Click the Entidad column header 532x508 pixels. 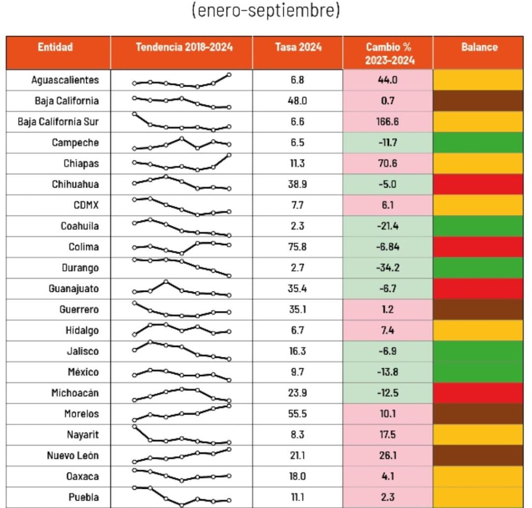click(55, 47)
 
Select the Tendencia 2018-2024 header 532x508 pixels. click(184, 47)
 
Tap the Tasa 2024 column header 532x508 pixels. click(298, 47)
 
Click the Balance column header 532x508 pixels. click(479, 47)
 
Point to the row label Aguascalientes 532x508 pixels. click(64, 81)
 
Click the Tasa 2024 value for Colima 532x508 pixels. click(298, 247)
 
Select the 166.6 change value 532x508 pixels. click(388, 122)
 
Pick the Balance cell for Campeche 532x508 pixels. click(479, 143)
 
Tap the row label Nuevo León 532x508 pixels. click(73, 456)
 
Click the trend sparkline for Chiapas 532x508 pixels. click(182, 163)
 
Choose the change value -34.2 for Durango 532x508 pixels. click(388, 268)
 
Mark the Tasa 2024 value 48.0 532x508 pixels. click(298, 101)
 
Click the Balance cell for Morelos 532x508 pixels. click(479, 414)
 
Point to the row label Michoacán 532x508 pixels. click(75, 393)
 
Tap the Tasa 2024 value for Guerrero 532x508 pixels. click(298, 310)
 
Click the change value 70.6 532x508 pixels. click(388, 164)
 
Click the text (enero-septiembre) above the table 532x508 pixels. click(265, 11)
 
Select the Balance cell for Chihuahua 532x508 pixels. click(479, 184)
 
